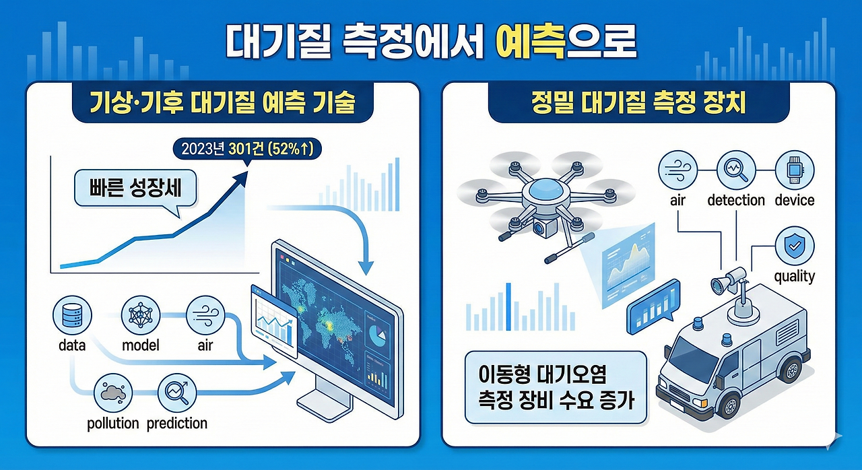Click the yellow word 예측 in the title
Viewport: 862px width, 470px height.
(x=527, y=42)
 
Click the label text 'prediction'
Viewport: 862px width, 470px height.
(x=176, y=424)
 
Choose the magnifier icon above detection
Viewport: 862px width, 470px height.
(x=735, y=170)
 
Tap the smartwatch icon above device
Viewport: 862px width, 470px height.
(x=794, y=170)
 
